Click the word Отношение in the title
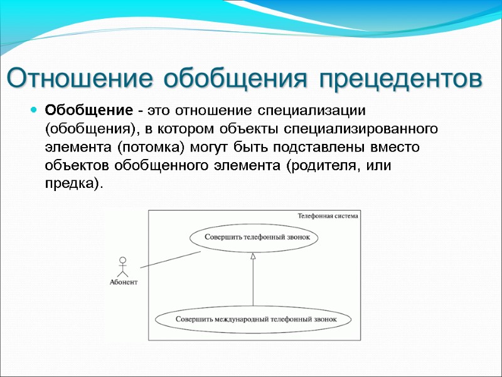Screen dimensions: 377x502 (x=80, y=79)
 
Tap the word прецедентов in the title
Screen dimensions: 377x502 (x=402, y=79)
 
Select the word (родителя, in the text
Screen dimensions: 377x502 (x=318, y=165)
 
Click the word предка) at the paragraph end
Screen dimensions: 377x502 (x=73, y=183)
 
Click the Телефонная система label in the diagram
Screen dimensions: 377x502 (x=328, y=216)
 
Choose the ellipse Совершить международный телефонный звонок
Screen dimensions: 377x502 (x=255, y=319)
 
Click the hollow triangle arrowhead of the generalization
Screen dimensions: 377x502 (x=253, y=256)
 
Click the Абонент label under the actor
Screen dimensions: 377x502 (x=123, y=282)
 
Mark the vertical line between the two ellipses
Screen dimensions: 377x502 (x=253, y=283)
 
